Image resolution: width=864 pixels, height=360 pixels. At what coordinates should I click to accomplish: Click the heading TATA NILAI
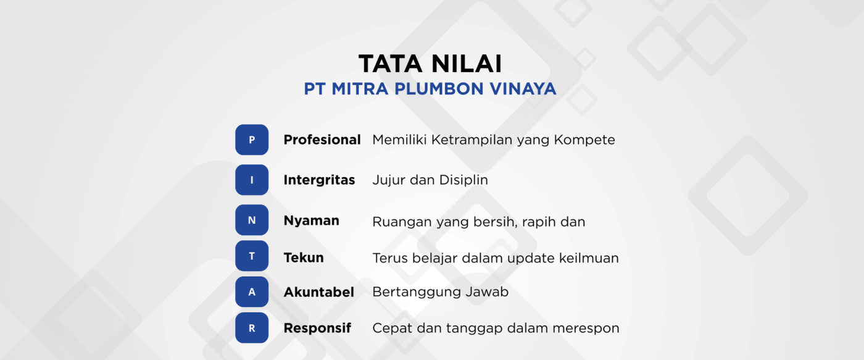click(430, 64)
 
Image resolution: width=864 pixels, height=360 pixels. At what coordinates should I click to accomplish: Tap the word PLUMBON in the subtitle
click(439, 89)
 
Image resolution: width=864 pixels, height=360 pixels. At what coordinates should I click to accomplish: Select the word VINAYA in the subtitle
click(523, 89)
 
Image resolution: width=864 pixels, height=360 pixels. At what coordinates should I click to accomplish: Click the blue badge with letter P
click(252, 140)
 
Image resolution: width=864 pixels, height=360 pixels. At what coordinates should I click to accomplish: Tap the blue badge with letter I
click(252, 180)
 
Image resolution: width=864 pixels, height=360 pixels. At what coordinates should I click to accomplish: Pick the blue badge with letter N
click(252, 220)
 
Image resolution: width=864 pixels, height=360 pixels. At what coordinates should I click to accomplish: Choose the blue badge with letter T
click(252, 256)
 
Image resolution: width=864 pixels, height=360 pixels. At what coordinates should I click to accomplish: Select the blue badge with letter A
click(252, 291)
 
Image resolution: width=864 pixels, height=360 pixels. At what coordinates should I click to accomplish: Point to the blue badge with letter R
click(252, 328)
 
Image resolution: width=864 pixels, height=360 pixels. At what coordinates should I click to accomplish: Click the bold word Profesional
click(322, 140)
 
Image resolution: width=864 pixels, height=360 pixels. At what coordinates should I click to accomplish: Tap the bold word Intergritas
click(320, 180)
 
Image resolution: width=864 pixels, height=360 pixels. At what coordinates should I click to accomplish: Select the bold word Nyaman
click(312, 220)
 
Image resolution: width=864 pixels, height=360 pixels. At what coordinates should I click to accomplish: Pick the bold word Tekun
click(304, 257)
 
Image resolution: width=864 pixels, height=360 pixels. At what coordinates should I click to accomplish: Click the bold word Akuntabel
click(319, 292)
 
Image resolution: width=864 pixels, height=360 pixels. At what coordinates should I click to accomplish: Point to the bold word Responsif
click(317, 329)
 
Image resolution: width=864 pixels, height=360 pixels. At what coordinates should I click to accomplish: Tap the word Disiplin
click(463, 180)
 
